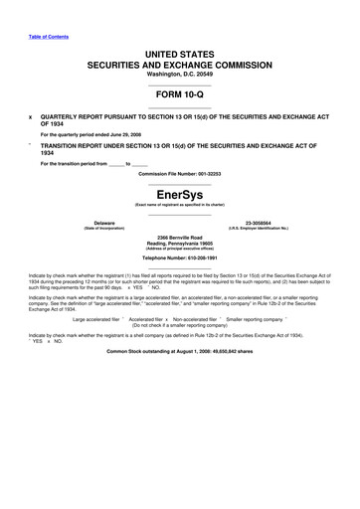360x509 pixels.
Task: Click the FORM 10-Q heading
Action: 180,98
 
